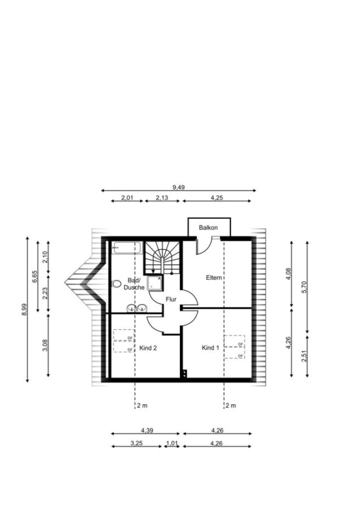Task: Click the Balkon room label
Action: [x=208, y=227]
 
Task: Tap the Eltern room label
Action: [x=214, y=278]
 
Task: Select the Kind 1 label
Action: [x=211, y=348]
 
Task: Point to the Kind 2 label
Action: [x=148, y=348]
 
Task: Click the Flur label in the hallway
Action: [x=171, y=299]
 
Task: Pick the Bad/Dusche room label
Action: [x=134, y=284]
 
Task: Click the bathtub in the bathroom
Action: [x=126, y=248]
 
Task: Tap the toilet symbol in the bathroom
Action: [x=116, y=284]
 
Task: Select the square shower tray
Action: [x=155, y=283]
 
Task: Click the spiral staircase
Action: [x=162, y=257]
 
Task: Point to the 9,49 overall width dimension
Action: [x=178, y=187]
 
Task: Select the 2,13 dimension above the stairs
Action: [x=162, y=197]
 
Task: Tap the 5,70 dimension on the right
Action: [x=304, y=287]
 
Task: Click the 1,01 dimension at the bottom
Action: [x=172, y=443]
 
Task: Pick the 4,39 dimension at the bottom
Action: [x=147, y=430]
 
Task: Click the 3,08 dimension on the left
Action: [x=45, y=345]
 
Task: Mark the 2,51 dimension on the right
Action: [x=304, y=356]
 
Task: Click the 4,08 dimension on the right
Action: [x=288, y=273]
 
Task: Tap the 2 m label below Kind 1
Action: [x=231, y=406]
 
